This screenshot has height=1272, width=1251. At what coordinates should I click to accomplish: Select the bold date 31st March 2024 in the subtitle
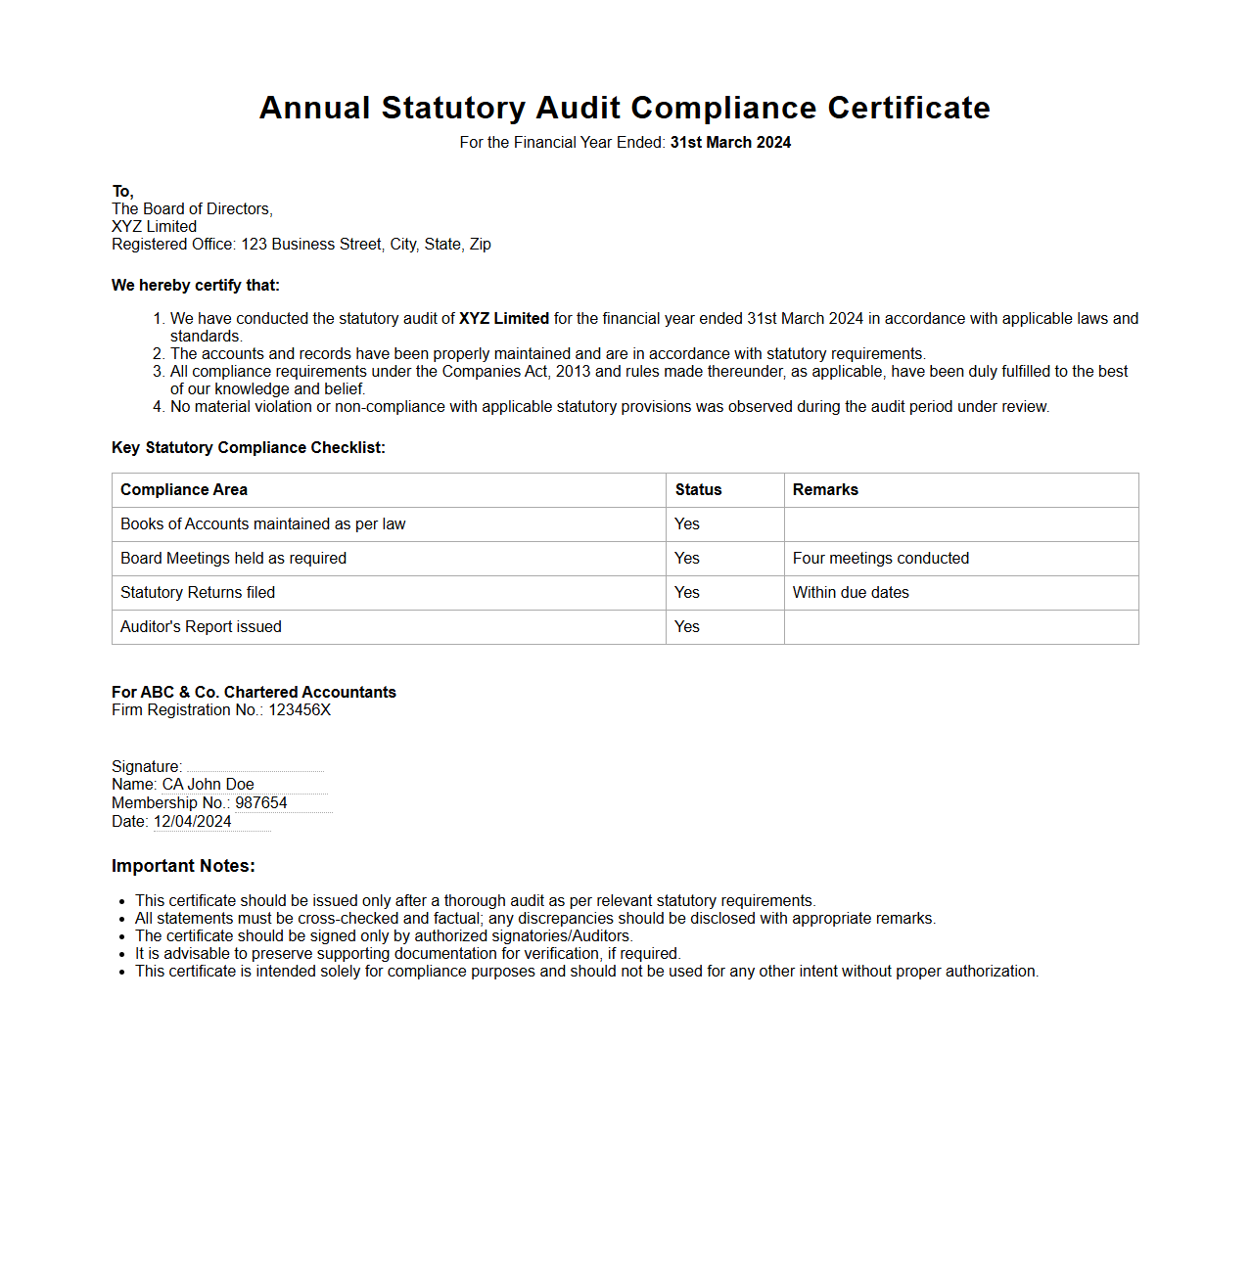pos(730,143)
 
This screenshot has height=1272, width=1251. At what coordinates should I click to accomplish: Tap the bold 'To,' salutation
pos(122,192)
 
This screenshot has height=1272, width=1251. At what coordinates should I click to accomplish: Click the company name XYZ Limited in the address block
pos(154,227)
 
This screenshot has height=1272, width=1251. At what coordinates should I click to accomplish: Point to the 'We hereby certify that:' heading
pos(196,286)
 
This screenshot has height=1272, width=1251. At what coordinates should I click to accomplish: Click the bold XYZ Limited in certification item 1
pos(503,319)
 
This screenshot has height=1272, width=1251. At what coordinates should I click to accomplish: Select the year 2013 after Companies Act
pos(573,372)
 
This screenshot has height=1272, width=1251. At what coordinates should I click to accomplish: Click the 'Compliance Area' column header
pos(184,490)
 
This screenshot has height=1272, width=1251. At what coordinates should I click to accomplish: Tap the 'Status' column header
pos(698,490)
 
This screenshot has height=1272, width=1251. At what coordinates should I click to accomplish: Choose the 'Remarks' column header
pos(825,490)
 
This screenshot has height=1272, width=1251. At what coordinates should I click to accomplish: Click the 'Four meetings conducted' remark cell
pos(880,559)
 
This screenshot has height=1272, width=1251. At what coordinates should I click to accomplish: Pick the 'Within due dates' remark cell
pos(851,593)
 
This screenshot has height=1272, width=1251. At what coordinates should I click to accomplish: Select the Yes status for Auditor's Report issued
pos(687,627)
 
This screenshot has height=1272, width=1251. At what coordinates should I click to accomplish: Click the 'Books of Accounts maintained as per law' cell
pos(262,524)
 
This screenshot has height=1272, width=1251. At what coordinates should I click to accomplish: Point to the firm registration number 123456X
pos(300,710)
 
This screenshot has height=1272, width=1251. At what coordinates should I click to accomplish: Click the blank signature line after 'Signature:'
pos(255,766)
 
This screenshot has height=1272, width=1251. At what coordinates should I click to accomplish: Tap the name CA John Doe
pos(208,785)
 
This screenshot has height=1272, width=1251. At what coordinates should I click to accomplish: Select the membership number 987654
pos(261,803)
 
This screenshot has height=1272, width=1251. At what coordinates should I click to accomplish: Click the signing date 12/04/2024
pos(193,822)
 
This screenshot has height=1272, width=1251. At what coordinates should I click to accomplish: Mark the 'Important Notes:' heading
pos(183,866)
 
